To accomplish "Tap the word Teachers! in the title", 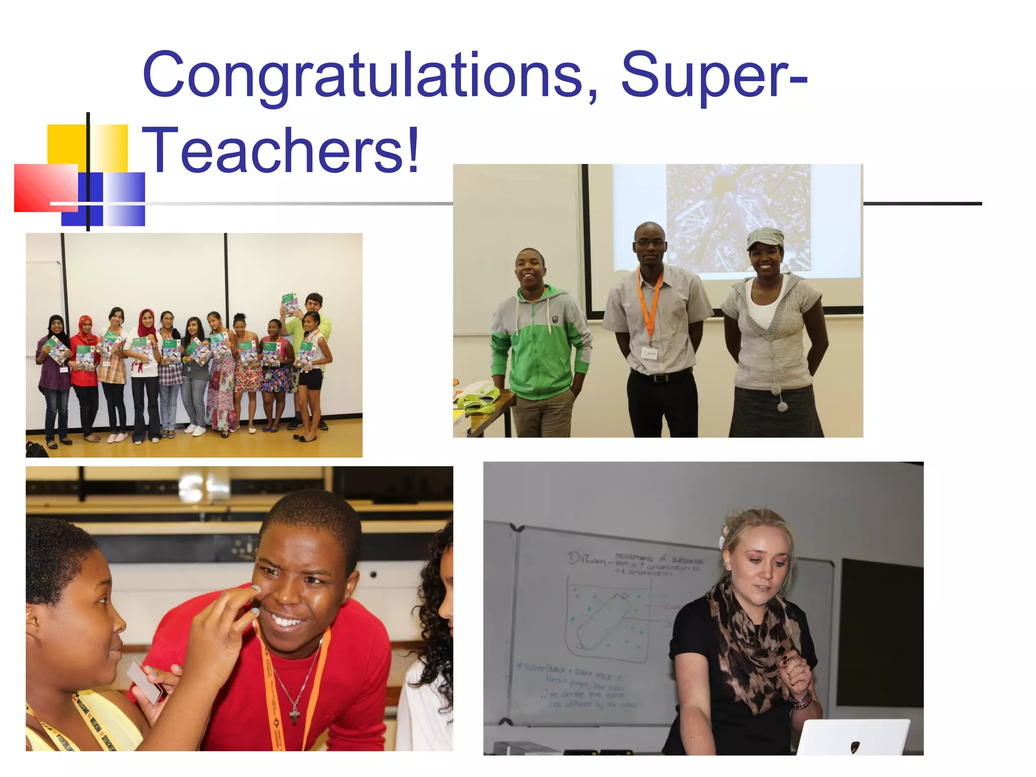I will pyautogui.click(x=281, y=150).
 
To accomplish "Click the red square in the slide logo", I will pyautogui.click(x=46, y=187).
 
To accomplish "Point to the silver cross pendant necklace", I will pyautogui.click(x=295, y=713).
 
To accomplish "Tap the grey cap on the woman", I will pyautogui.click(x=765, y=237).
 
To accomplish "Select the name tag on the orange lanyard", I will pyautogui.click(x=649, y=353).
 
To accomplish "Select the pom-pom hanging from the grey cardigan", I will pyautogui.click(x=782, y=406).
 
